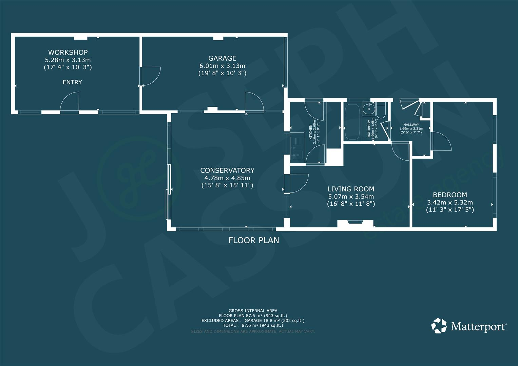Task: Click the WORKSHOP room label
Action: click(x=68, y=52)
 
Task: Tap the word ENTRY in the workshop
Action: click(x=72, y=82)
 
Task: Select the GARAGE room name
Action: click(x=222, y=58)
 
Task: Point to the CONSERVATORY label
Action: click(x=227, y=170)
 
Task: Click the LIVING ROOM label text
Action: click(x=351, y=189)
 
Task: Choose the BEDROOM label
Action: click(x=450, y=195)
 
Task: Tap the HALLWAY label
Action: click(x=411, y=125)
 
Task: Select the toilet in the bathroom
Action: click(x=381, y=110)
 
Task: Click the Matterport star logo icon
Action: click(x=439, y=326)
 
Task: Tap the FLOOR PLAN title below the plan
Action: click(x=254, y=240)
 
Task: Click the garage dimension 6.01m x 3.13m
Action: click(x=222, y=66)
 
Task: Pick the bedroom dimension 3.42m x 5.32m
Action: click(x=450, y=202)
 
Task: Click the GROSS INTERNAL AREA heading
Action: click(x=253, y=310)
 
